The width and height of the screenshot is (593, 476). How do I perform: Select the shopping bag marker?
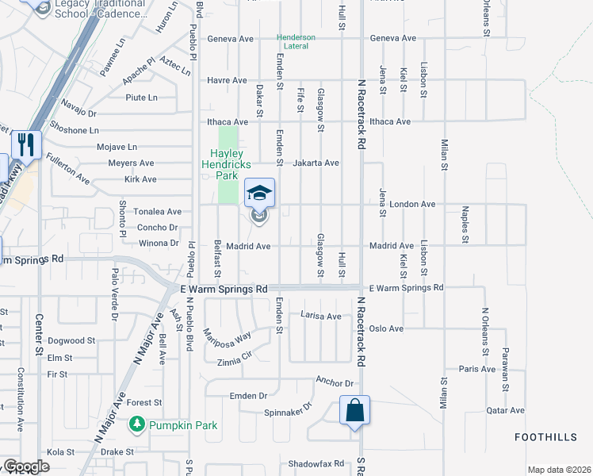point(354,411)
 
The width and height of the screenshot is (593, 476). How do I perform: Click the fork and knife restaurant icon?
point(26,145)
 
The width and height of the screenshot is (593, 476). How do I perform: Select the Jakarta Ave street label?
point(318,163)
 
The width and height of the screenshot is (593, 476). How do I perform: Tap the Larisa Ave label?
point(321,316)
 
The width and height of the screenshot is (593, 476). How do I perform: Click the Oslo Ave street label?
point(386,328)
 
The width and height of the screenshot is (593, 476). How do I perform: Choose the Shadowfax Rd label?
point(316,463)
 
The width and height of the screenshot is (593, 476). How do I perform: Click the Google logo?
point(26,466)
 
